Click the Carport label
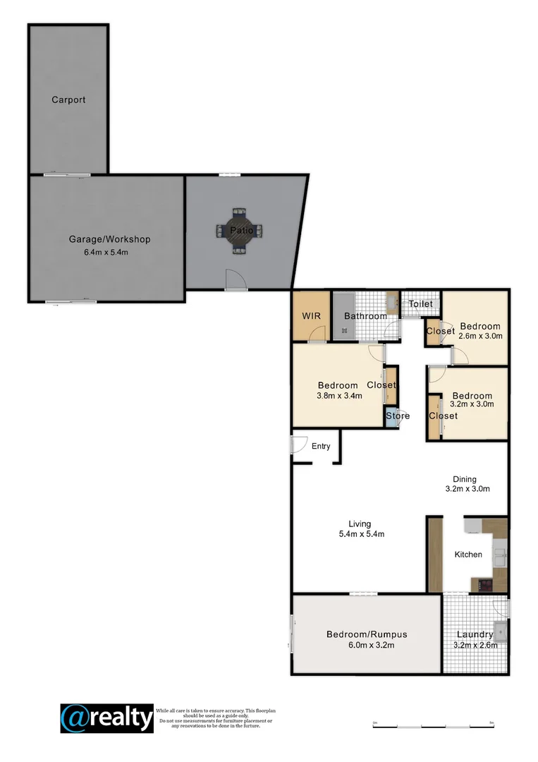coord(68,100)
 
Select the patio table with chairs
coord(238,229)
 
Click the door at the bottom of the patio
coord(235,280)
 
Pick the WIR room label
coord(311,316)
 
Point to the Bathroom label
coord(366,316)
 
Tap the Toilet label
coord(421,304)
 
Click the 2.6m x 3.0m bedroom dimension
coord(480,337)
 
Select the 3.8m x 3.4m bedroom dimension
coord(339,396)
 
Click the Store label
coord(398,416)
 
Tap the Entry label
coord(321,446)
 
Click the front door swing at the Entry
coord(299,445)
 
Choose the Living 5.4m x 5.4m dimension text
coord(361,534)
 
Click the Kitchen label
coord(468,555)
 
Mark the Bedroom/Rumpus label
coord(367,634)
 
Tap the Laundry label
coord(475,634)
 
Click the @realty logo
coord(106,718)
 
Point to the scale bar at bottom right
coord(432,726)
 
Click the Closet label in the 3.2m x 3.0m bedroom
coord(443,416)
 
